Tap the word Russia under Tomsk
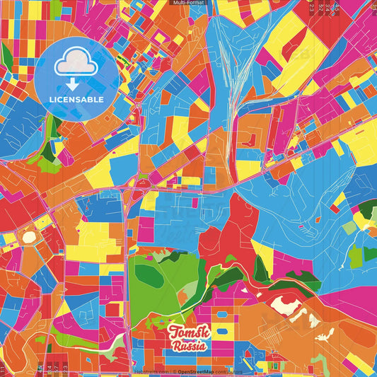coord(189,347)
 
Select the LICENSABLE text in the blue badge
coord(76,100)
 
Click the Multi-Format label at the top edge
coord(188,3)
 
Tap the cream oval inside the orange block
coord(29,238)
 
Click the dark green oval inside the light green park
coord(150,272)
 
